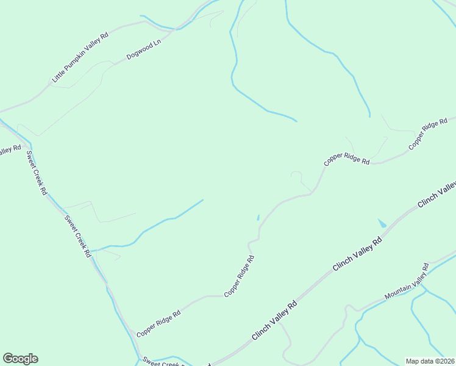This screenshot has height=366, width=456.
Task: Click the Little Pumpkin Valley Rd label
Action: pyautogui.click(x=80, y=57)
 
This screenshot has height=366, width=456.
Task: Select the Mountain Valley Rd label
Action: pyautogui.click(x=407, y=282)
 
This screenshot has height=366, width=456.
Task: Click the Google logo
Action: pyautogui.click(x=20, y=359)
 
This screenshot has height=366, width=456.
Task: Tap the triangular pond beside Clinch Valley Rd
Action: pyautogui.click(x=382, y=223)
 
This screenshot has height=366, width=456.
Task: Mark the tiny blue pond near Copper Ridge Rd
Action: pyautogui.click(x=258, y=217)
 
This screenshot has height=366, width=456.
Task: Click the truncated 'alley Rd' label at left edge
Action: pyautogui.click(x=10, y=149)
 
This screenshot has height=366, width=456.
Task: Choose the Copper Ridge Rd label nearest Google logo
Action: pyautogui.click(x=159, y=323)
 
